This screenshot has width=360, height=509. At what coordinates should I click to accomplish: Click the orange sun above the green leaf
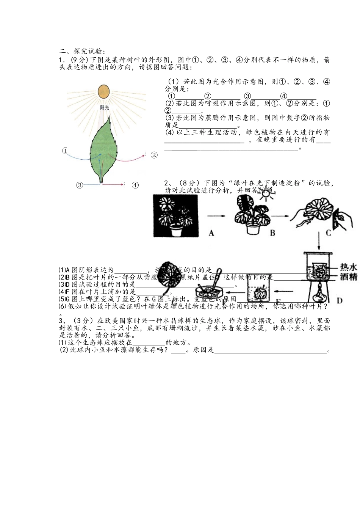(103, 91)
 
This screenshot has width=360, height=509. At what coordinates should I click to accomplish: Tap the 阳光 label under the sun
(104, 108)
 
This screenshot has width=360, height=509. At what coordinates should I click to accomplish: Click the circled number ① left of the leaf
(65, 151)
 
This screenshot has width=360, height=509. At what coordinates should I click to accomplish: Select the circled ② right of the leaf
(154, 155)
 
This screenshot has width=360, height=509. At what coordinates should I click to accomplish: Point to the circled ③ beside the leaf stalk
(79, 185)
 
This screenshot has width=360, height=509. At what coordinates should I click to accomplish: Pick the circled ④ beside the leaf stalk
(135, 185)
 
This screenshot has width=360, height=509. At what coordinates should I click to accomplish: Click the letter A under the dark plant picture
(211, 233)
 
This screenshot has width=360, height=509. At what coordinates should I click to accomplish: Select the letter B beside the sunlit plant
(272, 233)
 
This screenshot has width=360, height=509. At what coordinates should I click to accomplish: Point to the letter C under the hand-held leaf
(328, 233)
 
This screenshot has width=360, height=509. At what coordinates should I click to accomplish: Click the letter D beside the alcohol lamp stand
(339, 300)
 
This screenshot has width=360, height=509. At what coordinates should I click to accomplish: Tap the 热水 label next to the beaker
(349, 267)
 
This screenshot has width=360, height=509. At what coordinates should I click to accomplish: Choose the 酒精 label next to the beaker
(349, 277)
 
